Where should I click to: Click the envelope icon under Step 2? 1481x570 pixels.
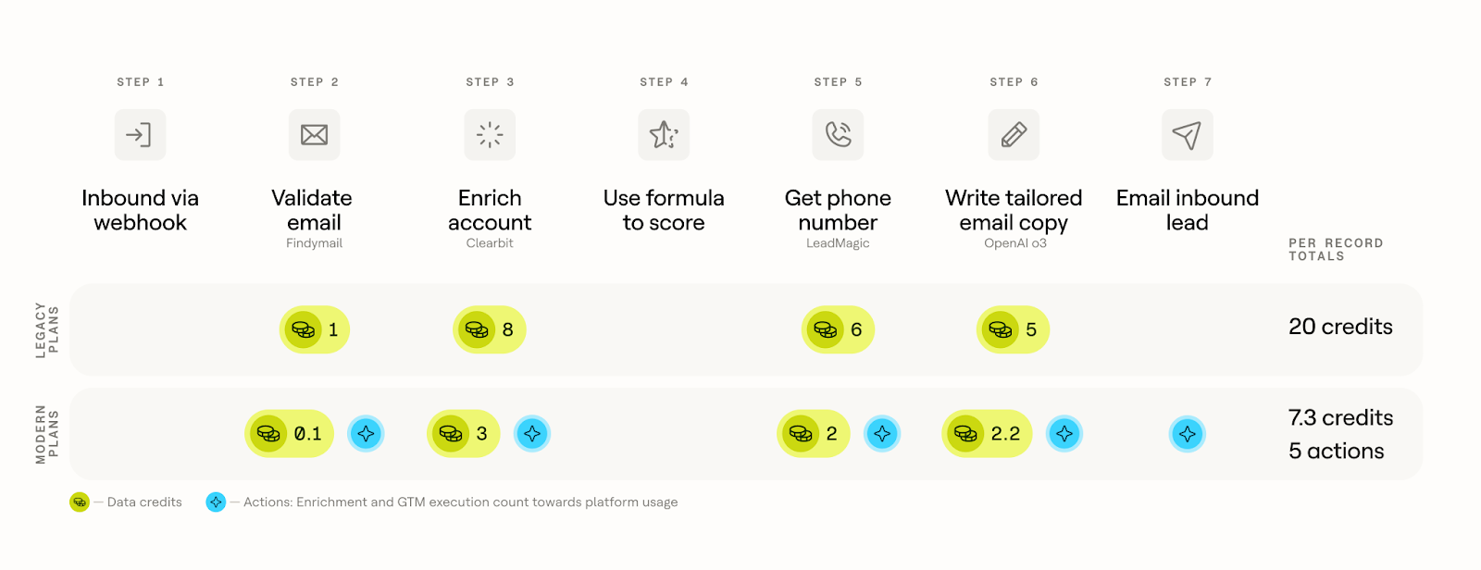click(314, 135)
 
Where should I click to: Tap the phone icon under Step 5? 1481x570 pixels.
click(838, 135)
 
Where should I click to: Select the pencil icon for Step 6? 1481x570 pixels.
click(1014, 135)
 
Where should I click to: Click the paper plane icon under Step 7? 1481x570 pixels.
click(1188, 135)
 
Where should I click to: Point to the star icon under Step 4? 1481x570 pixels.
click(664, 135)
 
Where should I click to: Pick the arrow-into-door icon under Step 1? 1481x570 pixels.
click(140, 135)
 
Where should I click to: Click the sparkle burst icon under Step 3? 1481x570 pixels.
click(490, 135)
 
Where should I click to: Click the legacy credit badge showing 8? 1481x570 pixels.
click(490, 329)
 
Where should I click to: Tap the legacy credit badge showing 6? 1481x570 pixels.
click(838, 329)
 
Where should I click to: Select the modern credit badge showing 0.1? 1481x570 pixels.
click(289, 434)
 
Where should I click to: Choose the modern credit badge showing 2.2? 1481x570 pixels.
click(987, 434)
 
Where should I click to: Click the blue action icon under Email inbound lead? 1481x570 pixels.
click(1188, 434)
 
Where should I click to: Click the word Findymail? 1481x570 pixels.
click(314, 243)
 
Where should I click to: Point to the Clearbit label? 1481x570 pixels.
click(490, 243)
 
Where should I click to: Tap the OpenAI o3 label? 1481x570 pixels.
click(1014, 243)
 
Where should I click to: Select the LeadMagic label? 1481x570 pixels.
click(838, 243)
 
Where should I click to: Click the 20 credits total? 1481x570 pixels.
click(1340, 327)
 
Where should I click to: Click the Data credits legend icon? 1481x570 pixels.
click(80, 502)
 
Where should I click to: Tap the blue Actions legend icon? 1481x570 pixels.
click(216, 502)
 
